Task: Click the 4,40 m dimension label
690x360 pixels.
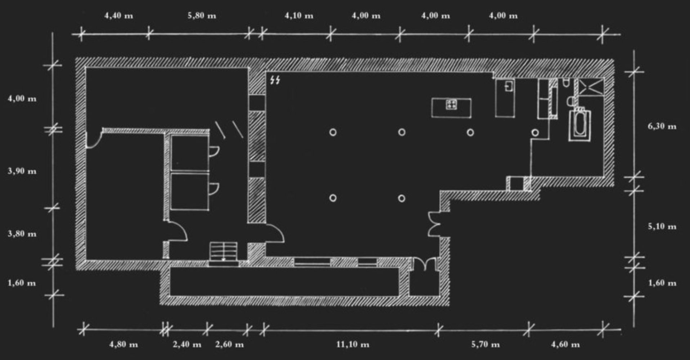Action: click(x=118, y=16)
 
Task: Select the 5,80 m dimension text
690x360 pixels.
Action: click(x=202, y=16)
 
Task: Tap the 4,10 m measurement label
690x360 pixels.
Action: click(x=299, y=16)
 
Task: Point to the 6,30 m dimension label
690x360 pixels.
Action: click(x=662, y=126)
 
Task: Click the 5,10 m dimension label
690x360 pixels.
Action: click(x=662, y=226)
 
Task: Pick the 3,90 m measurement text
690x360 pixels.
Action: click(x=22, y=171)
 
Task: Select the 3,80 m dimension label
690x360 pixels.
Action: click(x=22, y=234)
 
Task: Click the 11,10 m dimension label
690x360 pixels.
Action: click(x=353, y=345)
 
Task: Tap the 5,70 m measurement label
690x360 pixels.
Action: click(x=485, y=345)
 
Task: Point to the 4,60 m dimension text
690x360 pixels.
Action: click(x=565, y=345)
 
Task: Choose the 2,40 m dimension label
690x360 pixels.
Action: click(x=187, y=345)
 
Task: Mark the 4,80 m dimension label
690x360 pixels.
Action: click(x=124, y=345)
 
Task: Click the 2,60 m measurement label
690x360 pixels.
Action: click(x=229, y=345)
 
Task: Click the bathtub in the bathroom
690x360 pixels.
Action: click(x=580, y=125)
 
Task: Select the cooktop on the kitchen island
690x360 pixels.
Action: click(x=451, y=105)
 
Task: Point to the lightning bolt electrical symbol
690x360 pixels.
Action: click(x=275, y=80)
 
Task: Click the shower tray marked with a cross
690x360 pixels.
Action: click(x=591, y=87)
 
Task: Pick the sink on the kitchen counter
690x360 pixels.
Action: click(x=508, y=86)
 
